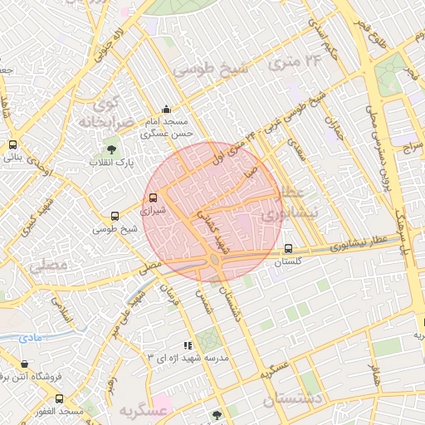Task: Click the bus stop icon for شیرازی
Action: point(152,198)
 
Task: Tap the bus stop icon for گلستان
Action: point(288,248)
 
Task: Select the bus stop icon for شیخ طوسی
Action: point(115,216)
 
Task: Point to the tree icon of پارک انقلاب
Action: point(111,149)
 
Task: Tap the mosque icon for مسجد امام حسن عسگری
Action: point(167,109)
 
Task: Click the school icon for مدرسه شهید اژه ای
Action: point(188,344)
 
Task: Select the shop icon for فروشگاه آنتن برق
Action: point(24,364)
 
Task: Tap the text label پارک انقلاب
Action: point(111,163)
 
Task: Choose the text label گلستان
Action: point(288,261)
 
